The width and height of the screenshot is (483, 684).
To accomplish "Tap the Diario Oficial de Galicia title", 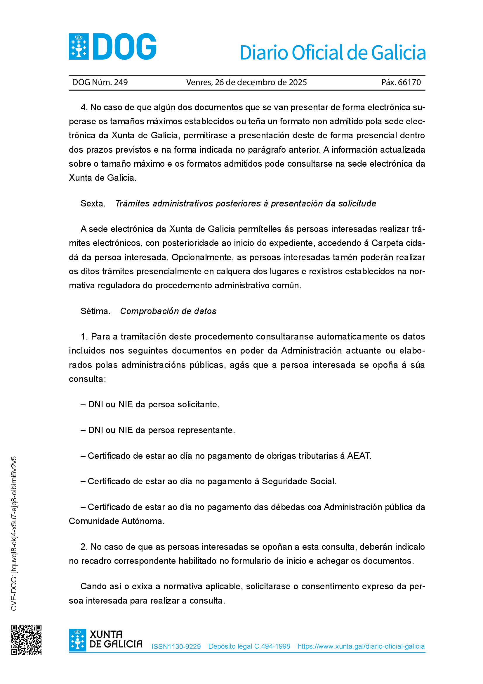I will (x=333, y=53).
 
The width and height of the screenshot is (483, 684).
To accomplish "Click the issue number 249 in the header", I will (x=121, y=82).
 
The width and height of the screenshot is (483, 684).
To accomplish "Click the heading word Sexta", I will (x=93, y=204).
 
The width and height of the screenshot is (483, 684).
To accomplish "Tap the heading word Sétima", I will (x=95, y=311).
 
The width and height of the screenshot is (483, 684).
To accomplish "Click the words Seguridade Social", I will (x=299, y=481).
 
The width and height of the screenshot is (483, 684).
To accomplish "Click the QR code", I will (x=27, y=640).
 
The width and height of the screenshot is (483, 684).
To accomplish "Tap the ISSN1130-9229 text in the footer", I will (x=176, y=647).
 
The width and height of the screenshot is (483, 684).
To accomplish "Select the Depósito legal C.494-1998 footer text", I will (x=249, y=647).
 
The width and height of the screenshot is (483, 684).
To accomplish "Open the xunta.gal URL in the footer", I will (x=361, y=647).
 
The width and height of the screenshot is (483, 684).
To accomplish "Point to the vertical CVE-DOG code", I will (x=14, y=533).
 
